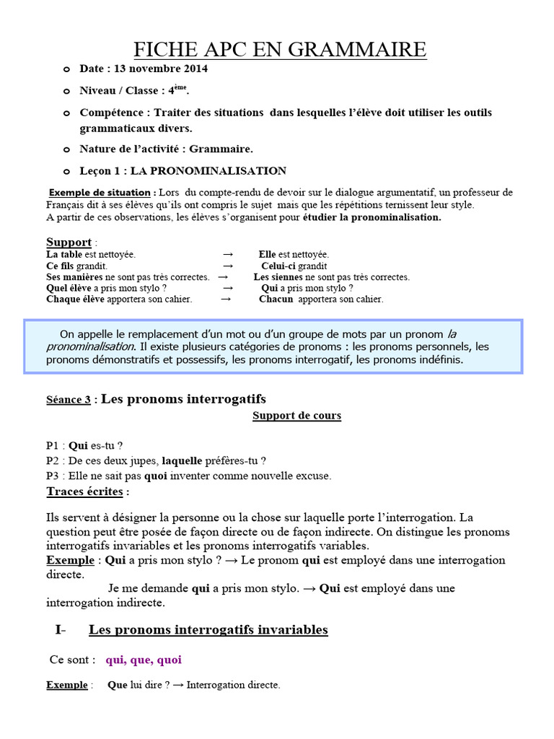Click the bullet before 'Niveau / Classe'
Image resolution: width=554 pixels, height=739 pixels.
click(x=67, y=92)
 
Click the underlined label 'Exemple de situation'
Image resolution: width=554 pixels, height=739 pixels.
click(x=100, y=193)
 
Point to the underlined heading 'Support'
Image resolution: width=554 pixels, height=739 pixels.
click(x=69, y=242)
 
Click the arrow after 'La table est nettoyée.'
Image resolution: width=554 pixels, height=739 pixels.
click(x=228, y=255)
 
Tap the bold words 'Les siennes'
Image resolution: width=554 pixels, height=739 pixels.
click(x=278, y=277)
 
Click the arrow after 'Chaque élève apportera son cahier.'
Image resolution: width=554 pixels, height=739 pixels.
click(x=226, y=299)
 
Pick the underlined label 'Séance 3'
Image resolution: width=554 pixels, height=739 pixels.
click(x=69, y=400)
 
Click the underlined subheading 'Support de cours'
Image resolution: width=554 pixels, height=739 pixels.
click(x=296, y=416)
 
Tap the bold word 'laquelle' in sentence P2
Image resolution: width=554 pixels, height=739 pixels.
click(x=182, y=460)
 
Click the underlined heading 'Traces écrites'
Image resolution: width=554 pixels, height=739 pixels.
click(x=85, y=492)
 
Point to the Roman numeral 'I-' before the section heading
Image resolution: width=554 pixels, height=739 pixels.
click(x=60, y=630)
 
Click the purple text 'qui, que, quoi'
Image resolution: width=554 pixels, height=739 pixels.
click(x=144, y=660)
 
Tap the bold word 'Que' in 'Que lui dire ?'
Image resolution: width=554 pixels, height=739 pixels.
click(x=117, y=685)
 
